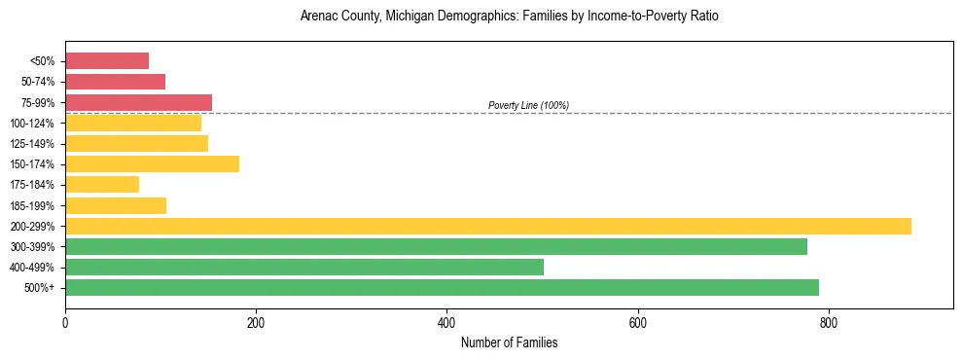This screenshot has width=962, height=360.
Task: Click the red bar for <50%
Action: click(107, 61)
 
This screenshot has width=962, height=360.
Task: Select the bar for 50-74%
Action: click(115, 82)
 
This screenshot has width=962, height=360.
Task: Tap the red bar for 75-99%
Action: click(138, 102)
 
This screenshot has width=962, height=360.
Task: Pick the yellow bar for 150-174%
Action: click(152, 164)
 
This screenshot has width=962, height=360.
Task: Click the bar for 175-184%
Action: click(102, 185)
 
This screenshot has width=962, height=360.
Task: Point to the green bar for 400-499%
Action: click(304, 267)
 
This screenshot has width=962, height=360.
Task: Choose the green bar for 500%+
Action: click(442, 287)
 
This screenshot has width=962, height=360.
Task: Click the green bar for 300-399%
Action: click(436, 246)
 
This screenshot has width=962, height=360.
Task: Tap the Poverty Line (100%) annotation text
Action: click(528, 105)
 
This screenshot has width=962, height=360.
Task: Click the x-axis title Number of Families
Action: click(509, 342)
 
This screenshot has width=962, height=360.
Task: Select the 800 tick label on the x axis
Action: click(829, 323)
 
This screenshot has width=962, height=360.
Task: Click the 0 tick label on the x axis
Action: click(65, 323)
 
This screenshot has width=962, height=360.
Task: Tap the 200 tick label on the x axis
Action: click(256, 323)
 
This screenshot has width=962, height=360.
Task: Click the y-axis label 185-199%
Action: click(32, 205)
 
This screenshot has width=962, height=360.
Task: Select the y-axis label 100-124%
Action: click(32, 124)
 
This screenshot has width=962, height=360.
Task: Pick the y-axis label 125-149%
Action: click(32, 144)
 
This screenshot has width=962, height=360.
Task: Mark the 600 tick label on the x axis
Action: click(638, 323)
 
